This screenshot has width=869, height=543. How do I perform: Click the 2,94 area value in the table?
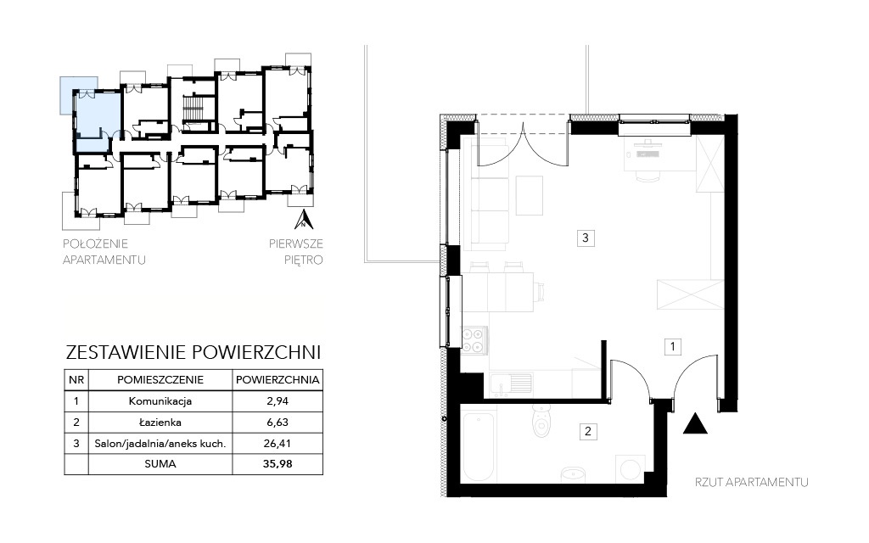click(278, 401)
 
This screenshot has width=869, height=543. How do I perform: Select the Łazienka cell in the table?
click(160, 423)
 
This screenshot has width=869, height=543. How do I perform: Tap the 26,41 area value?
click(278, 443)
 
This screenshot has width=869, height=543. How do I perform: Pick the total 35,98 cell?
click(278, 464)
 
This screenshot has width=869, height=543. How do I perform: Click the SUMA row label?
click(160, 464)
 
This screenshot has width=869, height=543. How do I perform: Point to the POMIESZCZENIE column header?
click(160, 380)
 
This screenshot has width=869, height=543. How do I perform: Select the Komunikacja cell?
click(160, 401)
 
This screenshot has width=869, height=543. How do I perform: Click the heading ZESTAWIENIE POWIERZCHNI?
click(193, 352)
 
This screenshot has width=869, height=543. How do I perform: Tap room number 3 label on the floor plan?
click(586, 238)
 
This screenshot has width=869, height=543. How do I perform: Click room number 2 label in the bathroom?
click(588, 431)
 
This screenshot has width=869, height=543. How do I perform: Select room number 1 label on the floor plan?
click(673, 347)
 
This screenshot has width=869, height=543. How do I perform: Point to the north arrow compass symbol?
click(303, 220)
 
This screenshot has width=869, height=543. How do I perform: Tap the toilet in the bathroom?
click(541, 421)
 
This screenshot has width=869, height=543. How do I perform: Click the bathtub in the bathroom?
click(479, 446)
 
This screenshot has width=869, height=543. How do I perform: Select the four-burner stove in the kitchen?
click(474, 341)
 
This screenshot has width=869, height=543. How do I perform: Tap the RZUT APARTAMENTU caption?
click(752, 482)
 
